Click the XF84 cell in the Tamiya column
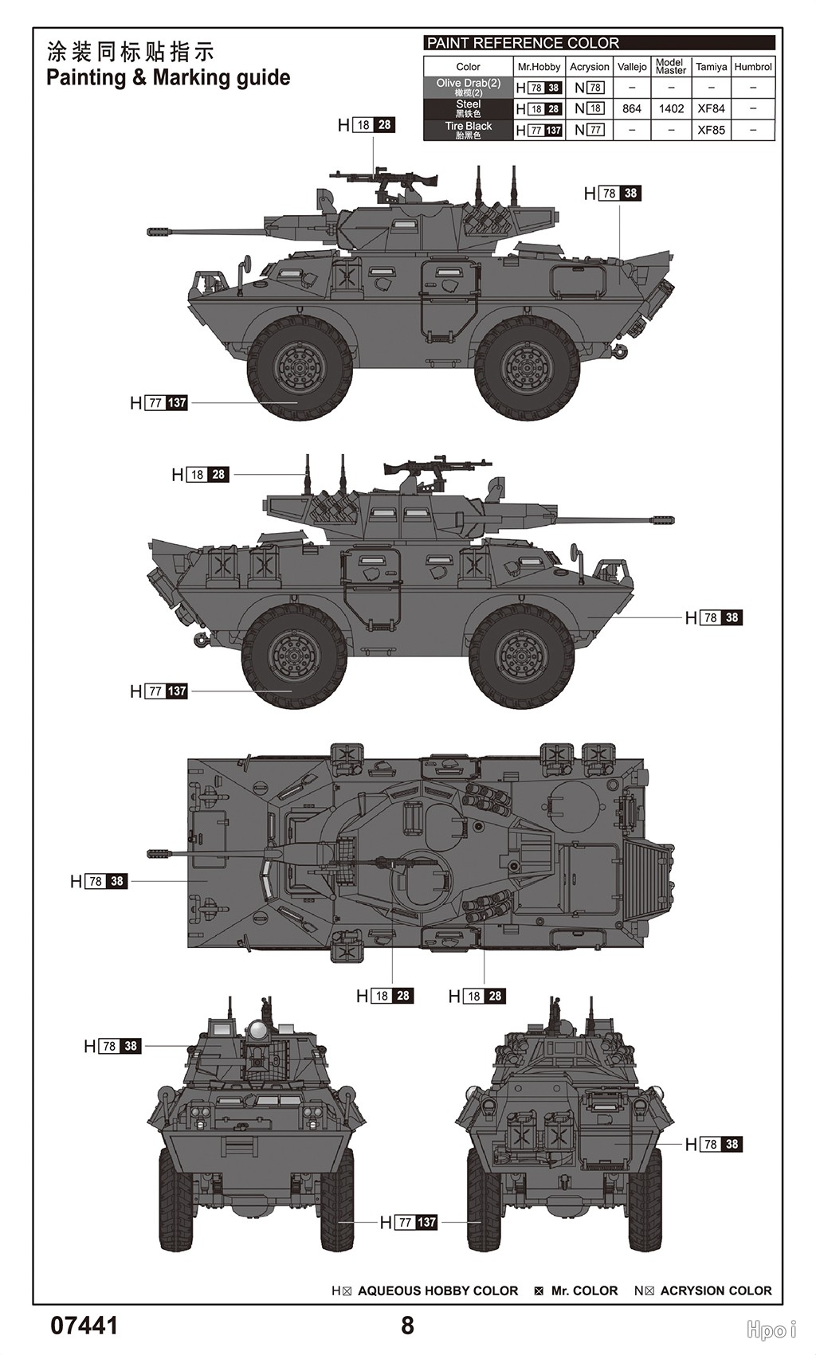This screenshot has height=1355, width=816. click(711, 108)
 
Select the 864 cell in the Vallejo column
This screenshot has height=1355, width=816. click(632, 108)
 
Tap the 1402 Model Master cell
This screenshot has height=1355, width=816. click(671, 108)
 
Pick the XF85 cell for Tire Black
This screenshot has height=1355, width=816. click(711, 130)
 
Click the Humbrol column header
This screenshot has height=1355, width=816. click(753, 67)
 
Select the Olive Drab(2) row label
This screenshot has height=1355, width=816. click(469, 87)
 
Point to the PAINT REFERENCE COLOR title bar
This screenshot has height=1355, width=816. click(598, 43)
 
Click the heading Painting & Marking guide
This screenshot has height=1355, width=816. click(168, 78)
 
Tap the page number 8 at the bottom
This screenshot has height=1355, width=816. click(407, 1326)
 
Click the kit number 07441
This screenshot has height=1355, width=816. click(84, 1326)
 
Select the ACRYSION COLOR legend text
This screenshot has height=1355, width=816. click(716, 1290)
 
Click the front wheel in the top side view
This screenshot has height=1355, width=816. click(300, 368)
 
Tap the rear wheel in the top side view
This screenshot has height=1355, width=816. click(527, 368)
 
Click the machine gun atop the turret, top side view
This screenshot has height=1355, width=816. click(386, 180)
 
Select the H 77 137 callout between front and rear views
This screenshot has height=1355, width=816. click(409, 1222)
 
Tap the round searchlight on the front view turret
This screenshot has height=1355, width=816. click(257, 1032)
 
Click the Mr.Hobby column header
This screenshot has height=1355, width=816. click(539, 67)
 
